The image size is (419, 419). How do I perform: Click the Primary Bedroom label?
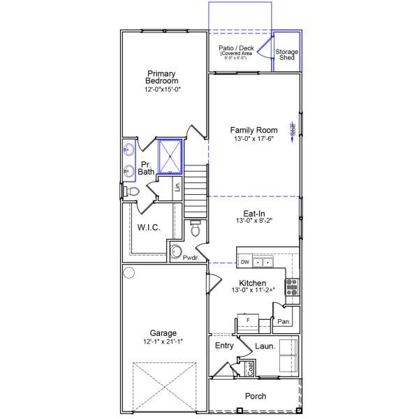161,78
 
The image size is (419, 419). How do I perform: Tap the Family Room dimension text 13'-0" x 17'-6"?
252,138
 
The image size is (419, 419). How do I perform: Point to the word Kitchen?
251,283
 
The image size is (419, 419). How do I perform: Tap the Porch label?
255,396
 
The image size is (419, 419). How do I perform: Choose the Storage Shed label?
286,55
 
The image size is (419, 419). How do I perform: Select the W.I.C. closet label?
150,227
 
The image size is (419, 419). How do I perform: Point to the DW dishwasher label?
244,262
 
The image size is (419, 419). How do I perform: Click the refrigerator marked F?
248,321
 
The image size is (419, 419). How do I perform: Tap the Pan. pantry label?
284,322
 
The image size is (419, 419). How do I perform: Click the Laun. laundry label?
265,346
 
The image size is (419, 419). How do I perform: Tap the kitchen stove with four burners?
292,288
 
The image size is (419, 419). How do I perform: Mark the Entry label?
224,346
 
